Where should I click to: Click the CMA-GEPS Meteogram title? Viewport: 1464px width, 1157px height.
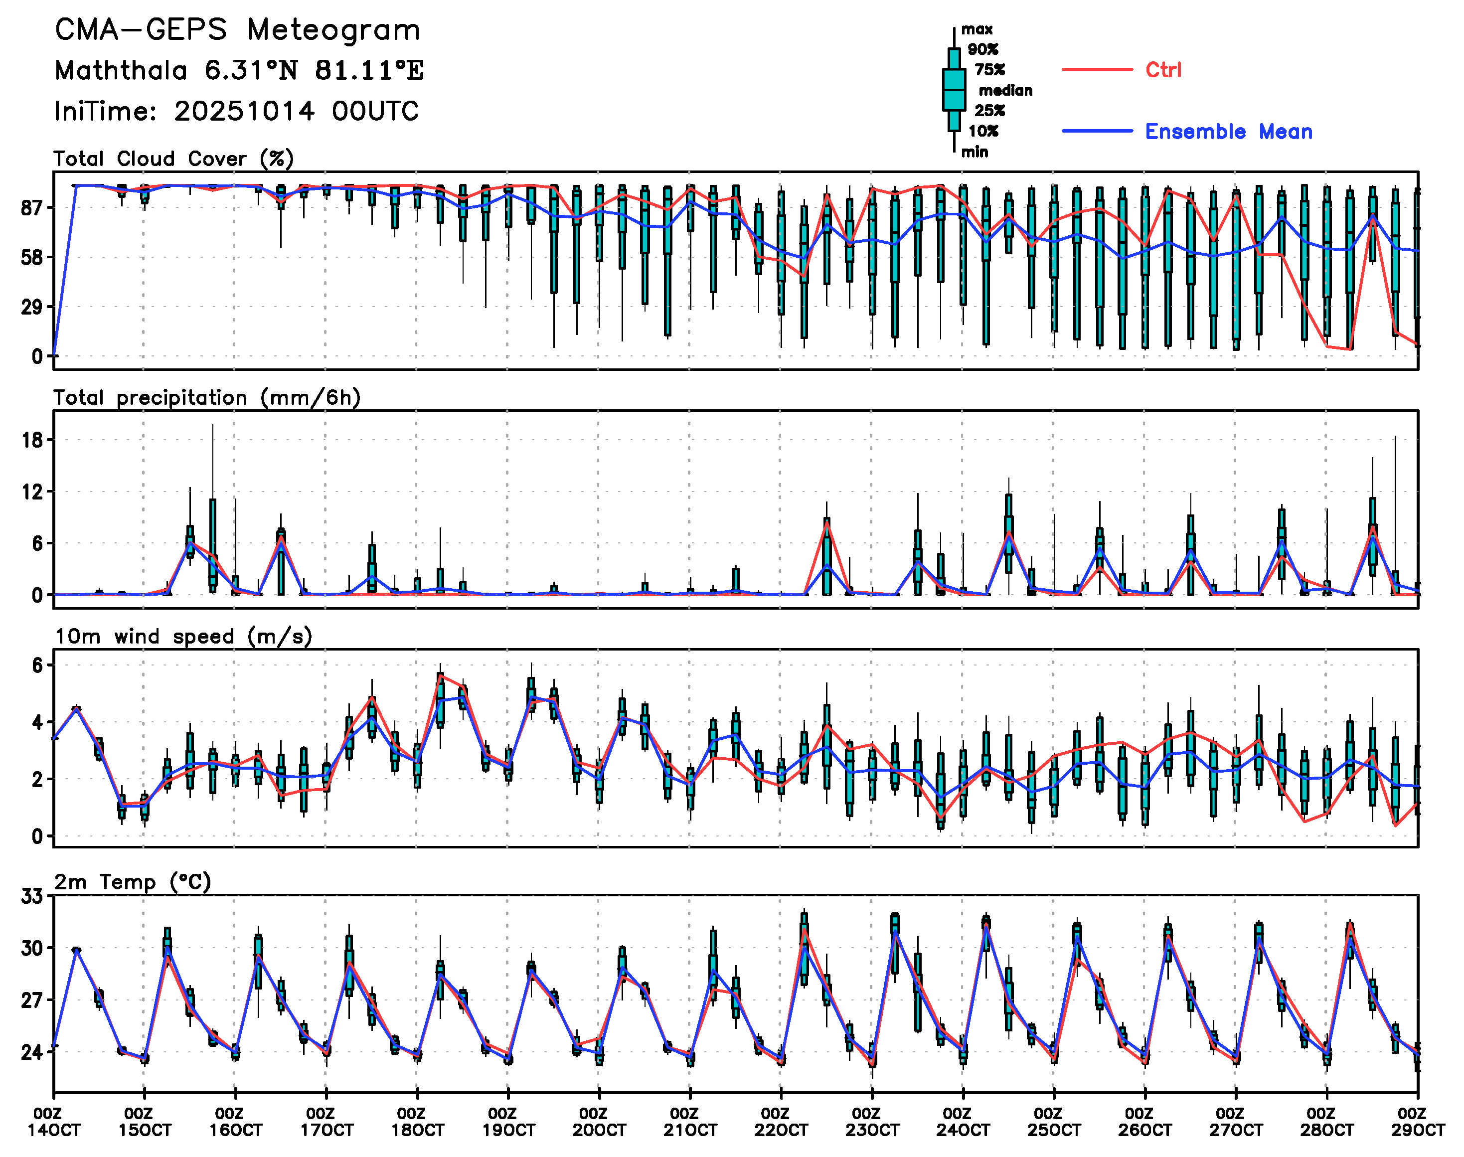[x=237, y=30]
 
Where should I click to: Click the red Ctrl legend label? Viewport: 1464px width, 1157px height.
[x=1163, y=70]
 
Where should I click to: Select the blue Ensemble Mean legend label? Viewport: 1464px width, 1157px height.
[x=1228, y=132]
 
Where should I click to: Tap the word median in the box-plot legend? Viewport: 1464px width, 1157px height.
[x=1005, y=91]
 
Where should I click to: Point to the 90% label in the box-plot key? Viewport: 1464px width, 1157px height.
[x=982, y=49]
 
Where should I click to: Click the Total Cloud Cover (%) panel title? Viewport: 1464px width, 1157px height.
[x=173, y=159]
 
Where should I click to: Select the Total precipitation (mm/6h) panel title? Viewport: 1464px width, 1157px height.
[x=207, y=398]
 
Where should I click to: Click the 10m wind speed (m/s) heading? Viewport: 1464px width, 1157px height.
[x=183, y=637]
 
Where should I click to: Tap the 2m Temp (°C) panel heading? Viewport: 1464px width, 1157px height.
[x=133, y=882]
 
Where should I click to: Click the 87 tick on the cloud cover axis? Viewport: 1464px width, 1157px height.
[x=32, y=208]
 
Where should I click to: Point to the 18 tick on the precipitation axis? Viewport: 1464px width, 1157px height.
[x=32, y=440]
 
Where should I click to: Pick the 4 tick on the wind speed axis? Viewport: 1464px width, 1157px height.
[x=37, y=723]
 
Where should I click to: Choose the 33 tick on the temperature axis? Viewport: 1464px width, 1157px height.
[x=32, y=897]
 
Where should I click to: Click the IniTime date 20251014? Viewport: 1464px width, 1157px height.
[x=244, y=112]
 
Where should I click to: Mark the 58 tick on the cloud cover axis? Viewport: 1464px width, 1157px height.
[x=32, y=257]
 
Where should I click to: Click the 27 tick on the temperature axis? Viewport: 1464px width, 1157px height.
[x=32, y=1000]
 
